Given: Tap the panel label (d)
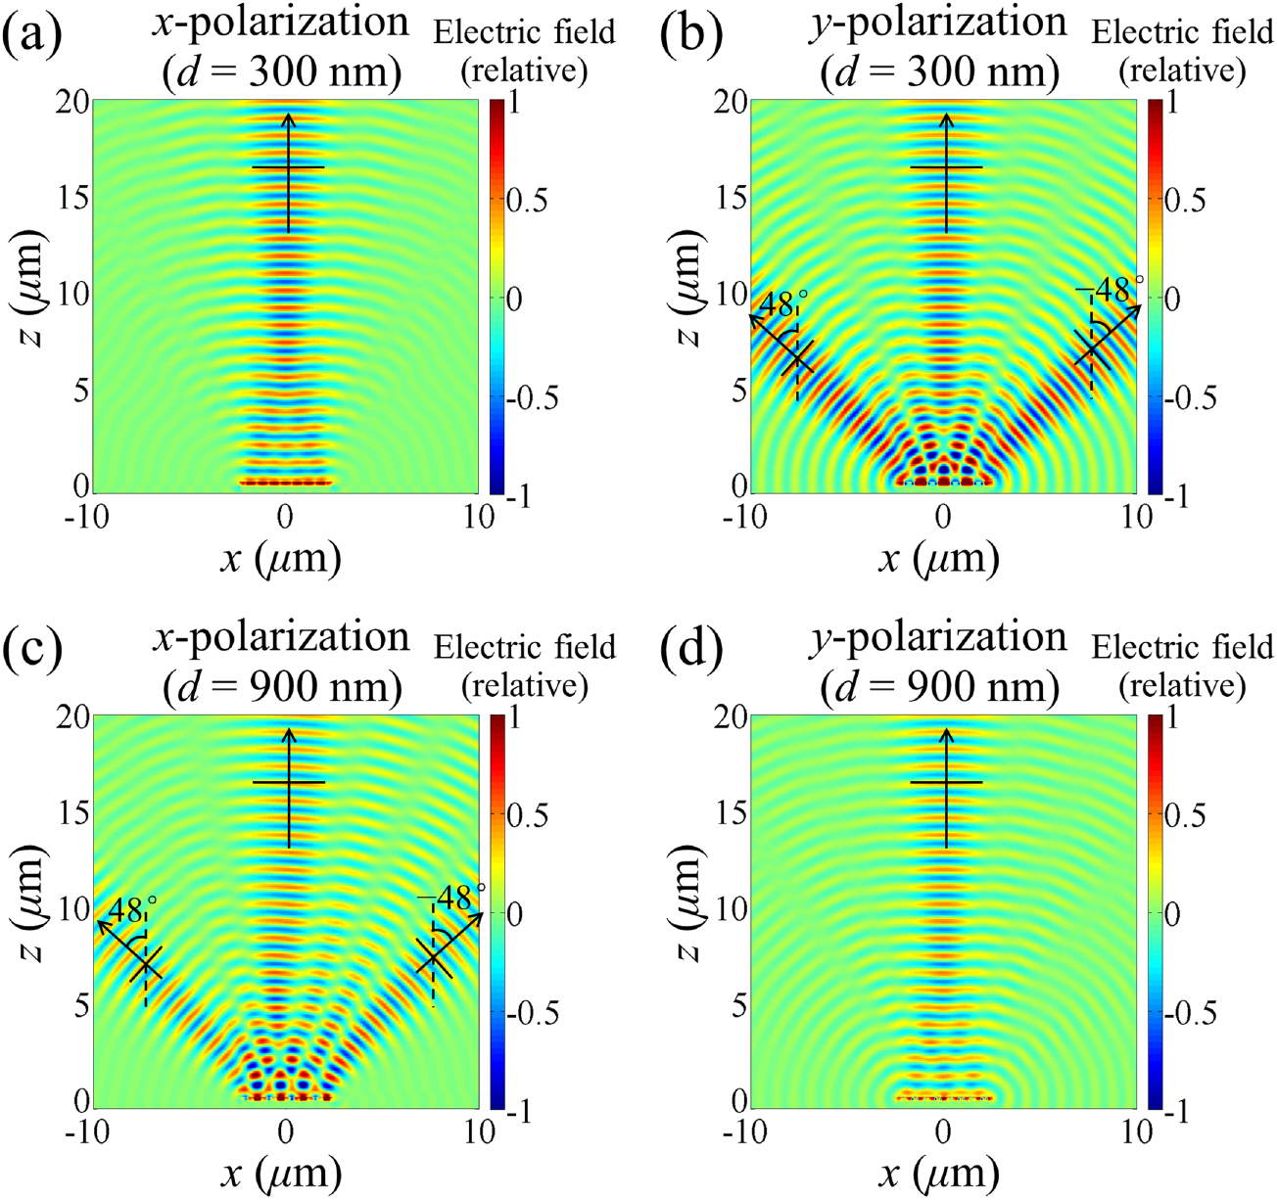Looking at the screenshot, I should pos(690,648).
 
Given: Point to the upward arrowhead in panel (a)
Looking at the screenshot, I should pos(288,119).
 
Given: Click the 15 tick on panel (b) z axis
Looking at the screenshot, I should pos(730,198).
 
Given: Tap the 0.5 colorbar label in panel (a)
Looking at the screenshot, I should pos(526,200).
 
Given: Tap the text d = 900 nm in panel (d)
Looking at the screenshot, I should pos(941,688).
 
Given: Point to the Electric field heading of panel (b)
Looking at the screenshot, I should pos(1182,32).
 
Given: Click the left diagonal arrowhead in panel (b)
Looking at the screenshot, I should pos(754,319).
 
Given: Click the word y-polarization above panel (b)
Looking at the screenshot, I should pos(937,23).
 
